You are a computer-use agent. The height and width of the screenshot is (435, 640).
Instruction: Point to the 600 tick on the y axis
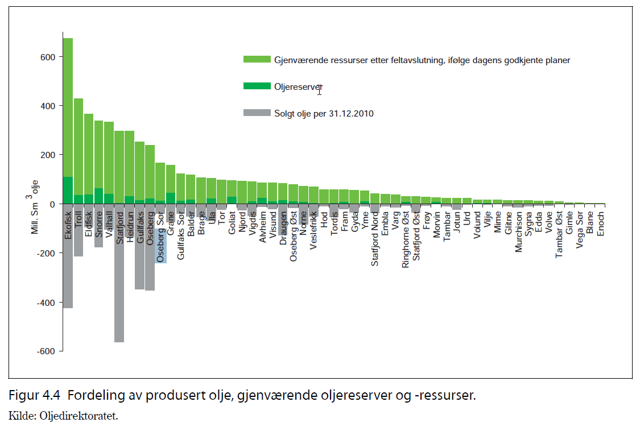tap(47, 57)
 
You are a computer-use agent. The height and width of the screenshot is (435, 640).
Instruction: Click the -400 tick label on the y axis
tap(46, 302)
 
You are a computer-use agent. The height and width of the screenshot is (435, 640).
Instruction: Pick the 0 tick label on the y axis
tap(51, 204)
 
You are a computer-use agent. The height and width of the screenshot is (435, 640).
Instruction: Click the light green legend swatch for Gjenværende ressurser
tap(256, 60)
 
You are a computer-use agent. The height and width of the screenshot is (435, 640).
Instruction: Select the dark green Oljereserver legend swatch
tap(256, 86)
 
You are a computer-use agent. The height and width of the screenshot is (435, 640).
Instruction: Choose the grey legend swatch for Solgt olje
tap(256, 113)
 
